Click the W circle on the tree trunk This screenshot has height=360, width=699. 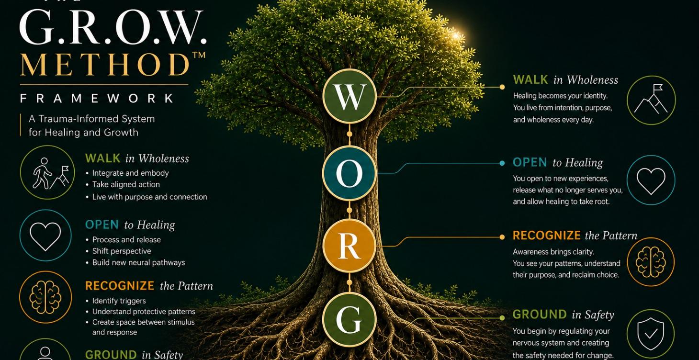[349, 96]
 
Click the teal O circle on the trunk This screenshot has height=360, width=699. [349, 173]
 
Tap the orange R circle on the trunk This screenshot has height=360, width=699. [349, 246]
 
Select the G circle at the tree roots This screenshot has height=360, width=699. [349, 319]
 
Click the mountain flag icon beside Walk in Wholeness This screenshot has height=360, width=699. [651, 100]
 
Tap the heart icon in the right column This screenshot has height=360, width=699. [651, 180]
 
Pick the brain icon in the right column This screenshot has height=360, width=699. [651, 262]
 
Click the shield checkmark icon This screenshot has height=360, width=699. [651, 334]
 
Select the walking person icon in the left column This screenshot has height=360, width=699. [47, 172]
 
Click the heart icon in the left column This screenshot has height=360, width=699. [45, 236]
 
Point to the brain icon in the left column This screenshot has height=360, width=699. [45, 297]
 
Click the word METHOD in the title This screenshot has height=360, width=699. [105, 65]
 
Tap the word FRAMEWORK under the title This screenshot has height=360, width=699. [97, 98]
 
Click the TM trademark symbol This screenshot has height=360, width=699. [199, 55]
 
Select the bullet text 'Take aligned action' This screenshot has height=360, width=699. [126, 184]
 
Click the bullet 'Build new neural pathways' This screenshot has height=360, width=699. [138, 263]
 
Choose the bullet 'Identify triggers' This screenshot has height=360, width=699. [119, 301]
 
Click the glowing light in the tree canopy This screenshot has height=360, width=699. [456, 36]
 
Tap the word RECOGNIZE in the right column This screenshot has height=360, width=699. [547, 235]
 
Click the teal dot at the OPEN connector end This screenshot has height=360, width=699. [502, 163]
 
